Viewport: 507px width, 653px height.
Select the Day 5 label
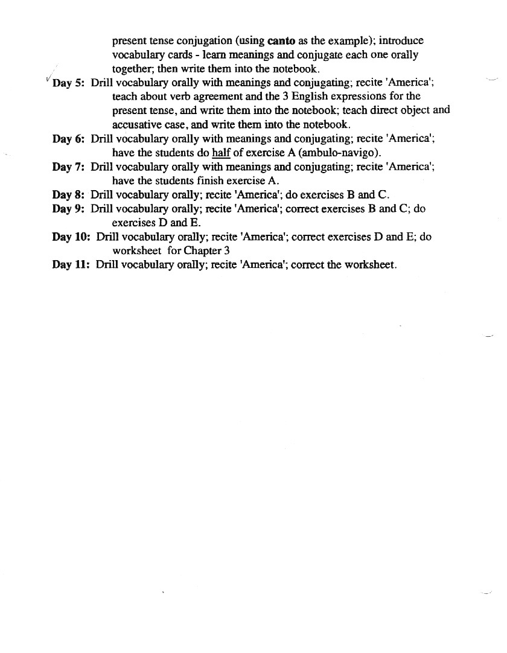point(69,83)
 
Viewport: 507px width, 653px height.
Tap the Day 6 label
point(68,139)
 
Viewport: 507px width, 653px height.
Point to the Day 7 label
point(68,167)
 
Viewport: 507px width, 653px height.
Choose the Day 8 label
point(68,195)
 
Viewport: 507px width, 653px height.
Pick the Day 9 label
point(68,209)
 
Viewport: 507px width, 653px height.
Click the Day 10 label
point(71,237)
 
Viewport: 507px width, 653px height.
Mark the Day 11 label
point(71,265)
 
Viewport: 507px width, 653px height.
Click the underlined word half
point(222,153)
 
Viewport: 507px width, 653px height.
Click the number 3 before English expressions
point(285,97)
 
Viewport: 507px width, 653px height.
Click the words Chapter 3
point(207,250)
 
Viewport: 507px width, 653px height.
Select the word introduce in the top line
point(401,41)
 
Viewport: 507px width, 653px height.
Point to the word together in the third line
point(132,69)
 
